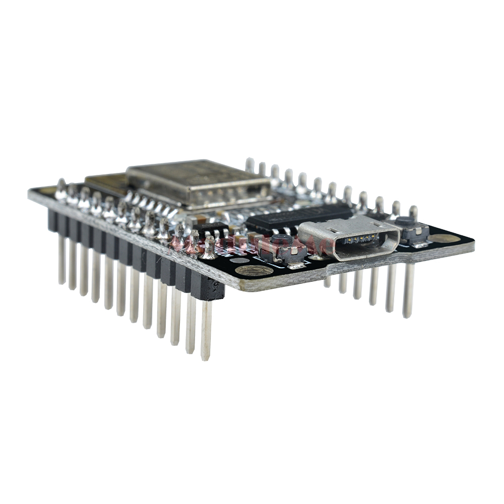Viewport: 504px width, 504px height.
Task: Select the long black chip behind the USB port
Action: click(297, 217)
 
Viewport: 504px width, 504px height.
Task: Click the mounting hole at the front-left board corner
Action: click(254, 271)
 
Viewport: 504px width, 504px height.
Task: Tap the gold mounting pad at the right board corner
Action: click(444, 238)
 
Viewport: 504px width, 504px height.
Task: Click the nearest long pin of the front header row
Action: click(206, 330)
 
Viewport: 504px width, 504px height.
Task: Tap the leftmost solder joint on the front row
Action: click(61, 190)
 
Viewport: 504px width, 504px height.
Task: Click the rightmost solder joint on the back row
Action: click(413, 212)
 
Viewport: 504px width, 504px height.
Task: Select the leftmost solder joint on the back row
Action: click(249, 165)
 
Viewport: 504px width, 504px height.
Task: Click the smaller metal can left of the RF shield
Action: click(106, 184)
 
